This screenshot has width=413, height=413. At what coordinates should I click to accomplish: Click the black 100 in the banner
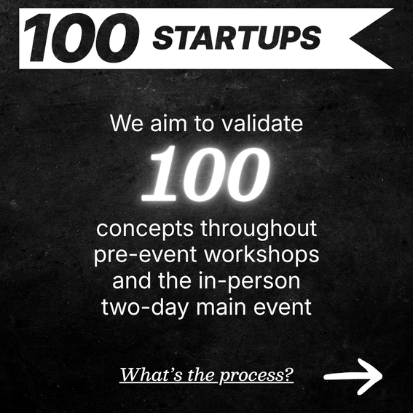[x=81, y=38]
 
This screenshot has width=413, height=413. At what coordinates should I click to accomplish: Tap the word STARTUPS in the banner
[x=237, y=38]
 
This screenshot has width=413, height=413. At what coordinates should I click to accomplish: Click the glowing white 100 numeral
[x=206, y=174]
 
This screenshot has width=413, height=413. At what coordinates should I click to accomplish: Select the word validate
[x=263, y=123]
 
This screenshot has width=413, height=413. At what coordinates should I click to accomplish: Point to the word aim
[x=168, y=123]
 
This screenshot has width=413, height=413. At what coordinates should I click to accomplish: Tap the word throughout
[x=259, y=229]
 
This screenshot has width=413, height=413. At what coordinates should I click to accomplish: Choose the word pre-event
[x=146, y=255]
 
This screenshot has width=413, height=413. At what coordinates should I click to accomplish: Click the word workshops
[x=261, y=254]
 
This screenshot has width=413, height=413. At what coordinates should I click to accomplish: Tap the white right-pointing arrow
[x=353, y=377]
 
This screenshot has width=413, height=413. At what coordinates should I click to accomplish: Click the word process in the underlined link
[x=252, y=375]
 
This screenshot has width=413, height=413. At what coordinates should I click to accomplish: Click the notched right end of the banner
[x=350, y=39]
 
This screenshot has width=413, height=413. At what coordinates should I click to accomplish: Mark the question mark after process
[x=289, y=374]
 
